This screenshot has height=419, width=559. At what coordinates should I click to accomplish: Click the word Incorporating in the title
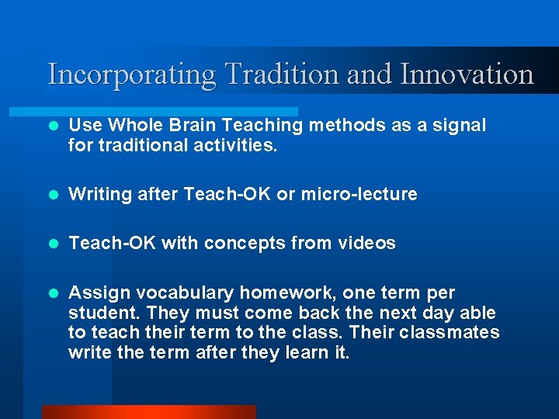[131, 75]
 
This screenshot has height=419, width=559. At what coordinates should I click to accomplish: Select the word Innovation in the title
[467, 74]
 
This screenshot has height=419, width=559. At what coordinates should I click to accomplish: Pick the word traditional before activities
[147, 144]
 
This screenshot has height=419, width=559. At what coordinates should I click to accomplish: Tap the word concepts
[238, 244]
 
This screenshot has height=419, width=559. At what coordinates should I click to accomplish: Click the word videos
[366, 244]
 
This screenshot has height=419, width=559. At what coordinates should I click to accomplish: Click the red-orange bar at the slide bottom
[148, 412]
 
